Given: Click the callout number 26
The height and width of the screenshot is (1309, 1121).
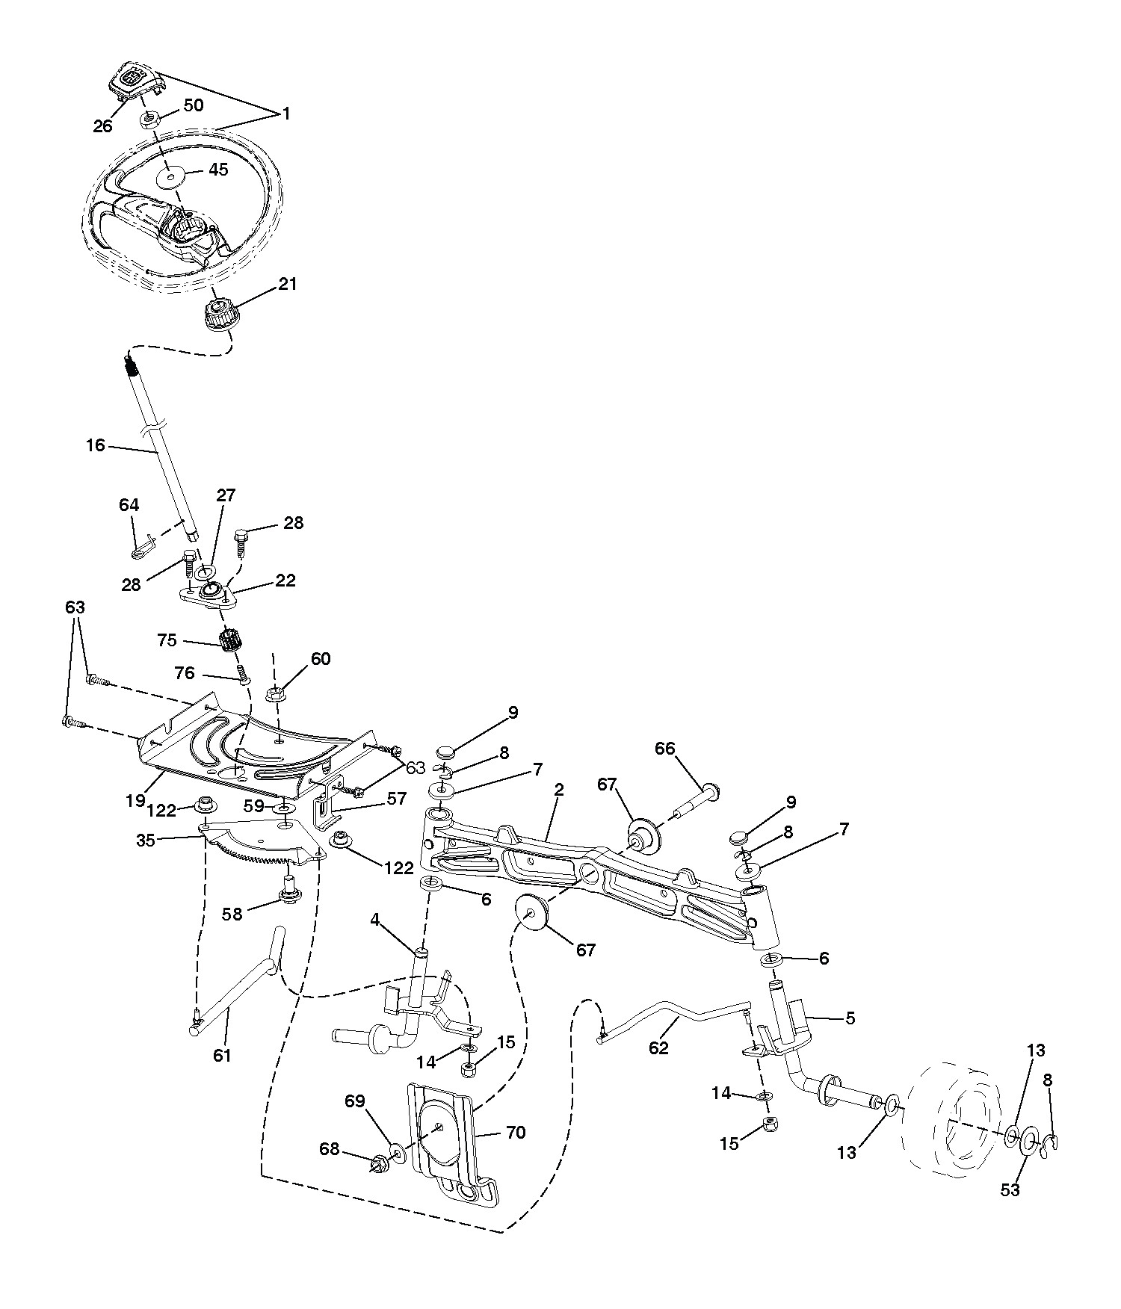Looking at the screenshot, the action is (x=103, y=126).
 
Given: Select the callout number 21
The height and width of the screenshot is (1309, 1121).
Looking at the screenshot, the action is (x=287, y=284).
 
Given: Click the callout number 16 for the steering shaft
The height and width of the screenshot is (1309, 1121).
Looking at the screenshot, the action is (x=96, y=446).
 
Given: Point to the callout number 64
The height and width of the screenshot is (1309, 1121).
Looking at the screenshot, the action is (x=129, y=506).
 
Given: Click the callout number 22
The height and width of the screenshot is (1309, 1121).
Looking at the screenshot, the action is (x=285, y=581).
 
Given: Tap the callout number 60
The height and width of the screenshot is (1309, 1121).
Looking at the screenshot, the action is (x=321, y=659).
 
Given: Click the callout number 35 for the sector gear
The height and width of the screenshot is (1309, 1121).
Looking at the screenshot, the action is (x=146, y=841).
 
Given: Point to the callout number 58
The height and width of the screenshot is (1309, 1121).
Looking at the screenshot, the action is (x=232, y=913).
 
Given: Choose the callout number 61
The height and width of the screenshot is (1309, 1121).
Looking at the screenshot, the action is (x=222, y=1055).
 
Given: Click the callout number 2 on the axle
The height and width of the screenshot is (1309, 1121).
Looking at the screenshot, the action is (x=559, y=790).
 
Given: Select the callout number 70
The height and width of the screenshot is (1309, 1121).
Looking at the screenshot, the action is (x=516, y=1133).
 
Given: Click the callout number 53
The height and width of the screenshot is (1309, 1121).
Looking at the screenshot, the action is (x=1010, y=1190).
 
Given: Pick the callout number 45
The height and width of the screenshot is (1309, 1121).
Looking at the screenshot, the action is (x=218, y=170).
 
